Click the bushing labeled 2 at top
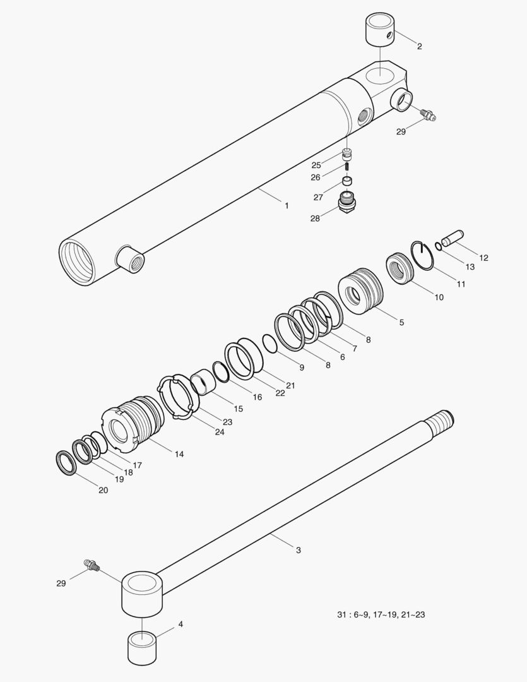click(380, 29)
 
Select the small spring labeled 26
click(347, 167)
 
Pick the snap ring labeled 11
click(422, 255)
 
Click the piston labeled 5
click(361, 290)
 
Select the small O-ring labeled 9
click(270, 344)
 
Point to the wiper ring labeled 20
click(67, 464)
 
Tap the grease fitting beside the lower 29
click(92, 565)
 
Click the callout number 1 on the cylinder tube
click(287, 205)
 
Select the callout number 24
click(220, 432)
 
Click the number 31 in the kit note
click(342, 614)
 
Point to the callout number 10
click(439, 297)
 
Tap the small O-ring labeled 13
click(438, 246)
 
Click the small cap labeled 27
click(347, 181)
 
